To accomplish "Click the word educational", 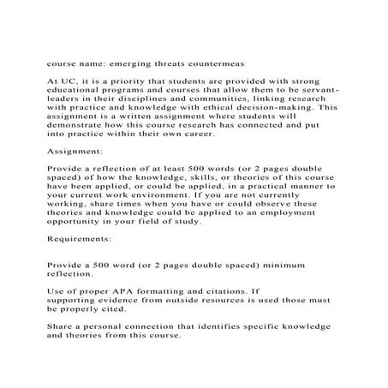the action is (x=72, y=88).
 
